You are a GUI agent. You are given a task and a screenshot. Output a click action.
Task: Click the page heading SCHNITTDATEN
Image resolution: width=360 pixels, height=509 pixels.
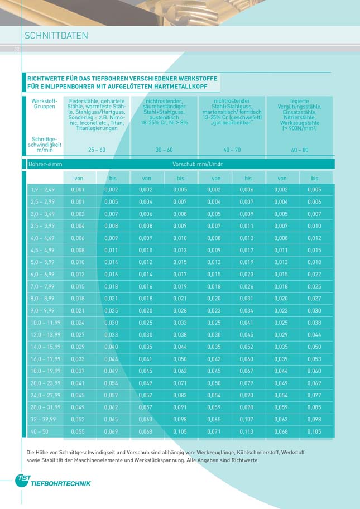tap(56, 35)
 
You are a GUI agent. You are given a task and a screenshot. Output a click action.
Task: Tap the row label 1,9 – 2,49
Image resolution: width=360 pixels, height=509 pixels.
tap(42, 190)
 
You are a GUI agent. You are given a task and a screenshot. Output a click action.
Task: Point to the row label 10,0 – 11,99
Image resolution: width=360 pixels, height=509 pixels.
tap(45, 323)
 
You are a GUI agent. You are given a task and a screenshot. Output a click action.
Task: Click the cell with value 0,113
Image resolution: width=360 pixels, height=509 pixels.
tap(246, 431)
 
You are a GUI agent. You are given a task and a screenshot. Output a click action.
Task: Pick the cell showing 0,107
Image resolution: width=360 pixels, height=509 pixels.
tap(246, 419)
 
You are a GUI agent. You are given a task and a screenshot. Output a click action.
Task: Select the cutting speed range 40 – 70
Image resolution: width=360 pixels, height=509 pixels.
tap(232, 150)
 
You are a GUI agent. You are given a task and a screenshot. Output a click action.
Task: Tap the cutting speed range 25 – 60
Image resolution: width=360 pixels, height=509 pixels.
tap(97, 150)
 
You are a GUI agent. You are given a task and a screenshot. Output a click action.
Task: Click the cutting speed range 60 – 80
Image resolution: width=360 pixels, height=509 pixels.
tap(300, 150)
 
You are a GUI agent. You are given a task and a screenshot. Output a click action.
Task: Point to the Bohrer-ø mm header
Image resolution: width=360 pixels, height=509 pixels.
tap(45, 164)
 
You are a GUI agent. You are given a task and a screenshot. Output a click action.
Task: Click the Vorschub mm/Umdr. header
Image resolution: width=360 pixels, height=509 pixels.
tap(198, 164)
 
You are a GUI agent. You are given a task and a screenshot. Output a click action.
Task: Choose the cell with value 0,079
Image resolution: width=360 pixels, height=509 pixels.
tap(246, 383)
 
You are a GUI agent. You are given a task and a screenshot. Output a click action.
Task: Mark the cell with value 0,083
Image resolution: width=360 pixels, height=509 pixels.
tap(180, 395)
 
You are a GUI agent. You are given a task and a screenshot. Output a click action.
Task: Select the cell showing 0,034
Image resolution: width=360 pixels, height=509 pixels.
tap(246, 311)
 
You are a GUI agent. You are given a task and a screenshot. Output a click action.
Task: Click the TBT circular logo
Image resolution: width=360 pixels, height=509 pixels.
tap(22, 480)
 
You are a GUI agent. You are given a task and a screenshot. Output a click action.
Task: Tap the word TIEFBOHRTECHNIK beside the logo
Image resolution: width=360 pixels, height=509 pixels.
tap(61, 484)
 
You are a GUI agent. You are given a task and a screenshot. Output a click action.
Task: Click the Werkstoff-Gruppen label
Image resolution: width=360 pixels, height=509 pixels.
tap(45, 104)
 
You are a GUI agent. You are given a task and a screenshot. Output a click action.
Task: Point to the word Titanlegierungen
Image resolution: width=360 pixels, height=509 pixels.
tap(97, 128)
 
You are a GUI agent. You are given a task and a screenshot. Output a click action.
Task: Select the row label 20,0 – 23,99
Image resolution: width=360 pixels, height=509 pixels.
tap(45, 383)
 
